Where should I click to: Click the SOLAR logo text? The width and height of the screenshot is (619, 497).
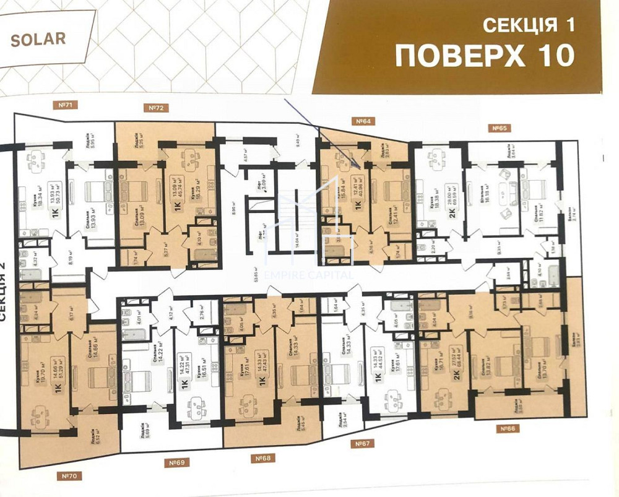[x=38, y=38]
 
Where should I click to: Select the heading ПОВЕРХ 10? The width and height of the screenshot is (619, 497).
[x=485, y=56]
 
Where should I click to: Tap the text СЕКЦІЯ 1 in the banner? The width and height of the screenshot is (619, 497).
[x=528, y=25]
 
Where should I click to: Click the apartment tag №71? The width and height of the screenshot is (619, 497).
[x=64, y=105]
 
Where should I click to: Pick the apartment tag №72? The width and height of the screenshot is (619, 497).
[x=156, y=108]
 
